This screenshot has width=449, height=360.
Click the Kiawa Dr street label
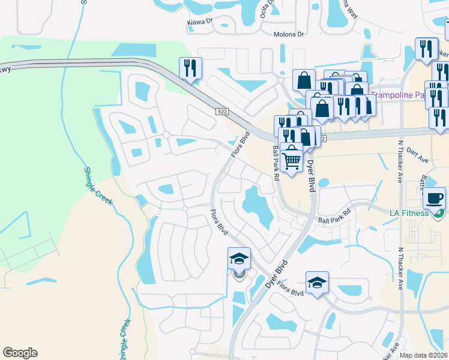click(x=201, y=20)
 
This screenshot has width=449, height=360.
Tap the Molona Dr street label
click(x=289, y=35)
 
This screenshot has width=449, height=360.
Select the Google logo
click(x=20, y=353)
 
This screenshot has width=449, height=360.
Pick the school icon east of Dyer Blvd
click(x=317, y=283)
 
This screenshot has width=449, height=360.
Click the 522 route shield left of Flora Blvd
click(x=222, y=112)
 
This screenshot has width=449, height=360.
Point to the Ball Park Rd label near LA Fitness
click(x=334, y=217)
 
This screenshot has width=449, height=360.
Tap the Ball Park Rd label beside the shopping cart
click(x=276, y=162)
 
